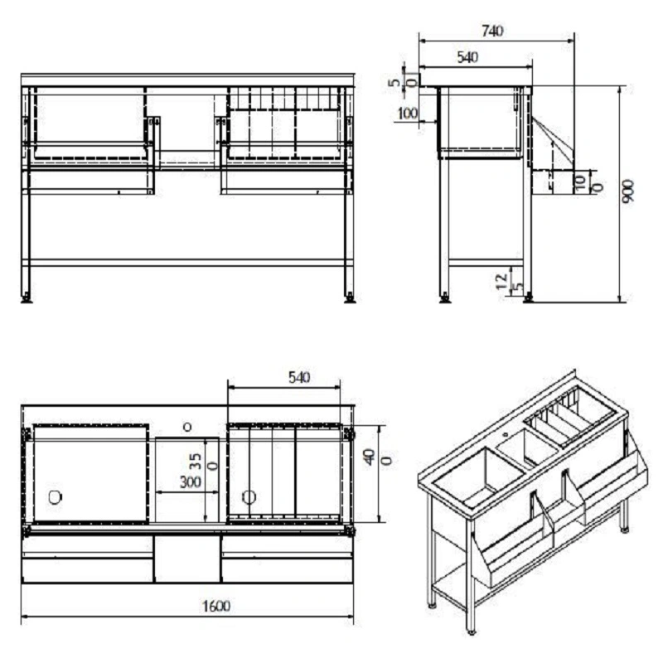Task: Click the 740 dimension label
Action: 492,31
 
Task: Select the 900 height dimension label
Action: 628,191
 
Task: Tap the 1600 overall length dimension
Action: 216,607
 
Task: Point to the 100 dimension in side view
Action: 408,114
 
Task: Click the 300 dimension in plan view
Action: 191,482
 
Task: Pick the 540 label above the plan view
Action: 299,377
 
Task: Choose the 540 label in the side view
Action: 467,57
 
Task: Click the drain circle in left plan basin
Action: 55,497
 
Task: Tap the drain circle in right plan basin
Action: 249,497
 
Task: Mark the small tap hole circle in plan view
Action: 187,427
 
